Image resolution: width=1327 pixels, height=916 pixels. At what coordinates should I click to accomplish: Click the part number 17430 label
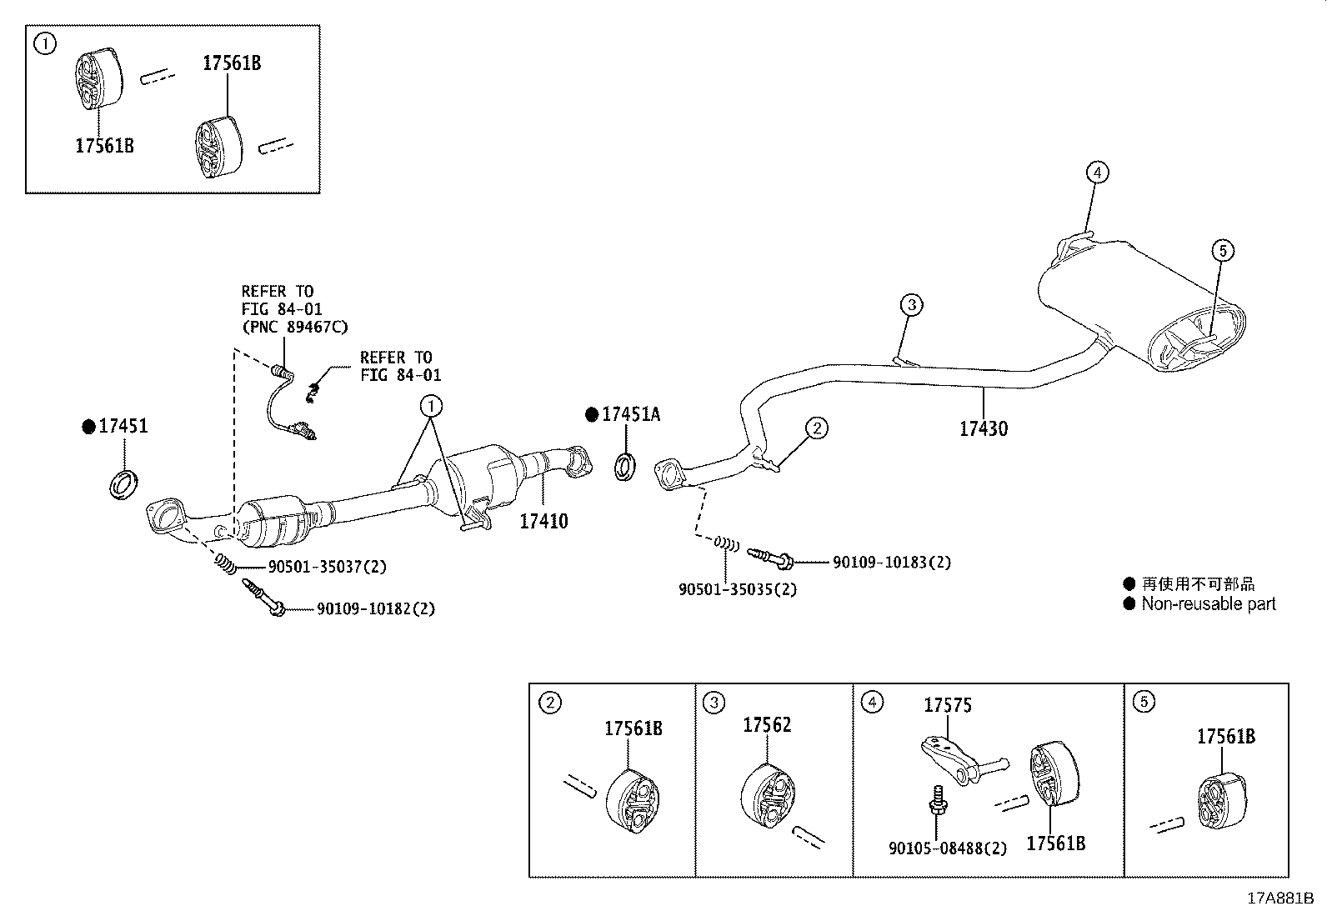coord(983,429)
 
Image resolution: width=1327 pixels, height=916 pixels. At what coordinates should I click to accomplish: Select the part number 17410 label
coord(543,522)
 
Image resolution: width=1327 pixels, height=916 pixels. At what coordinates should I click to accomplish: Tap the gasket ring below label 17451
coord(124,485)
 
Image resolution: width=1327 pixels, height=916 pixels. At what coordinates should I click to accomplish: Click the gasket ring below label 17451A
coord(626,466)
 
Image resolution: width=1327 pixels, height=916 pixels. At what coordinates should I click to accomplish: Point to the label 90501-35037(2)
coord(327,568)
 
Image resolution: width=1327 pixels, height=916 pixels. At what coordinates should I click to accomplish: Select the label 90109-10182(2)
coord(375,609)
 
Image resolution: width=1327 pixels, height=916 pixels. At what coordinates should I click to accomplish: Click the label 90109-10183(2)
coord(891,563)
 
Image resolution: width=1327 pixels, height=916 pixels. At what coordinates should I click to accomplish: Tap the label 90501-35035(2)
coord(737,589)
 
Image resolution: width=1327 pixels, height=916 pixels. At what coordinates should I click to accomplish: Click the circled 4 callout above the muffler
coord(1098,173)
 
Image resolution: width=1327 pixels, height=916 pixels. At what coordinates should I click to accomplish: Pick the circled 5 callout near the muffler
coord(1222,250)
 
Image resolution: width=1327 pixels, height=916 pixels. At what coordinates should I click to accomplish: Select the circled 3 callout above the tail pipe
coord(912,305)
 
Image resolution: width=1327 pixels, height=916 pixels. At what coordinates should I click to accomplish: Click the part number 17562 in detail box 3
coord(767,726)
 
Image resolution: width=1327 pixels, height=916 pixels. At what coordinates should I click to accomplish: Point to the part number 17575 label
coord(947,706)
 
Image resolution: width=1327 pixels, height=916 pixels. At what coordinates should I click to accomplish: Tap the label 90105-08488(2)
coord(947,849)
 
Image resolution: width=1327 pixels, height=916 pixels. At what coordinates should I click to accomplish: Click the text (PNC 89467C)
coord(294,327)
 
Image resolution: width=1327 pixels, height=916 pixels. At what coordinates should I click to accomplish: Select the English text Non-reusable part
coord(1208,604)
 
